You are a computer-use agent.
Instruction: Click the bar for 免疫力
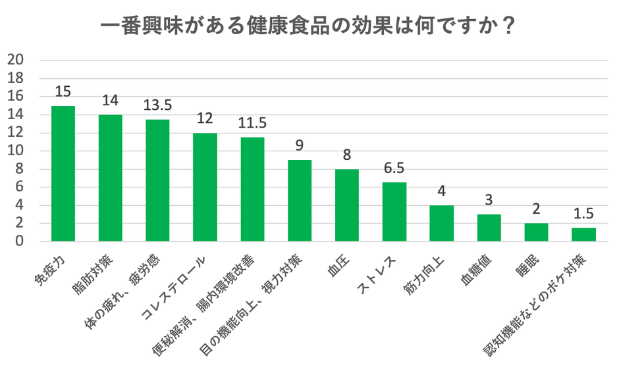(63, 174)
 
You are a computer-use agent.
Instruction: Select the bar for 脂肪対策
(111, 178)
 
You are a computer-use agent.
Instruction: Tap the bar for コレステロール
(205, 187)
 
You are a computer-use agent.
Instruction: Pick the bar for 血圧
(347, 205)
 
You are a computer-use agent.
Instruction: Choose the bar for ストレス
(394, 212)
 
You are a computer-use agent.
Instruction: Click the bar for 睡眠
(536, 232)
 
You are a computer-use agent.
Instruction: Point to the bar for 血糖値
(489, 228)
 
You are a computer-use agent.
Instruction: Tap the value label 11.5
(252, 124)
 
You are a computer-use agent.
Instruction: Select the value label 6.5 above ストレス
(394, 169)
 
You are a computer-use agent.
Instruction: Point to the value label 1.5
(583, 214)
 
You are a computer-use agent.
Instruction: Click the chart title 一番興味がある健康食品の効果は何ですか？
(308, 26)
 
